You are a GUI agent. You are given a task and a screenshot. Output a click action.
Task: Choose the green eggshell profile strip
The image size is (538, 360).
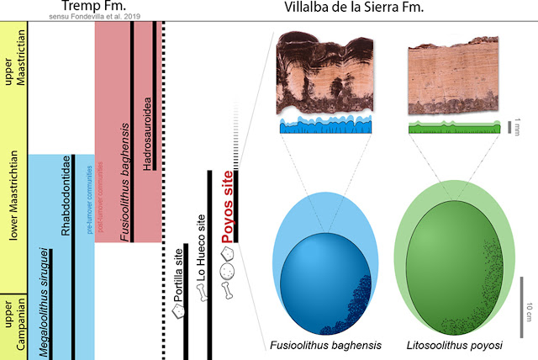(x=451, y=128)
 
